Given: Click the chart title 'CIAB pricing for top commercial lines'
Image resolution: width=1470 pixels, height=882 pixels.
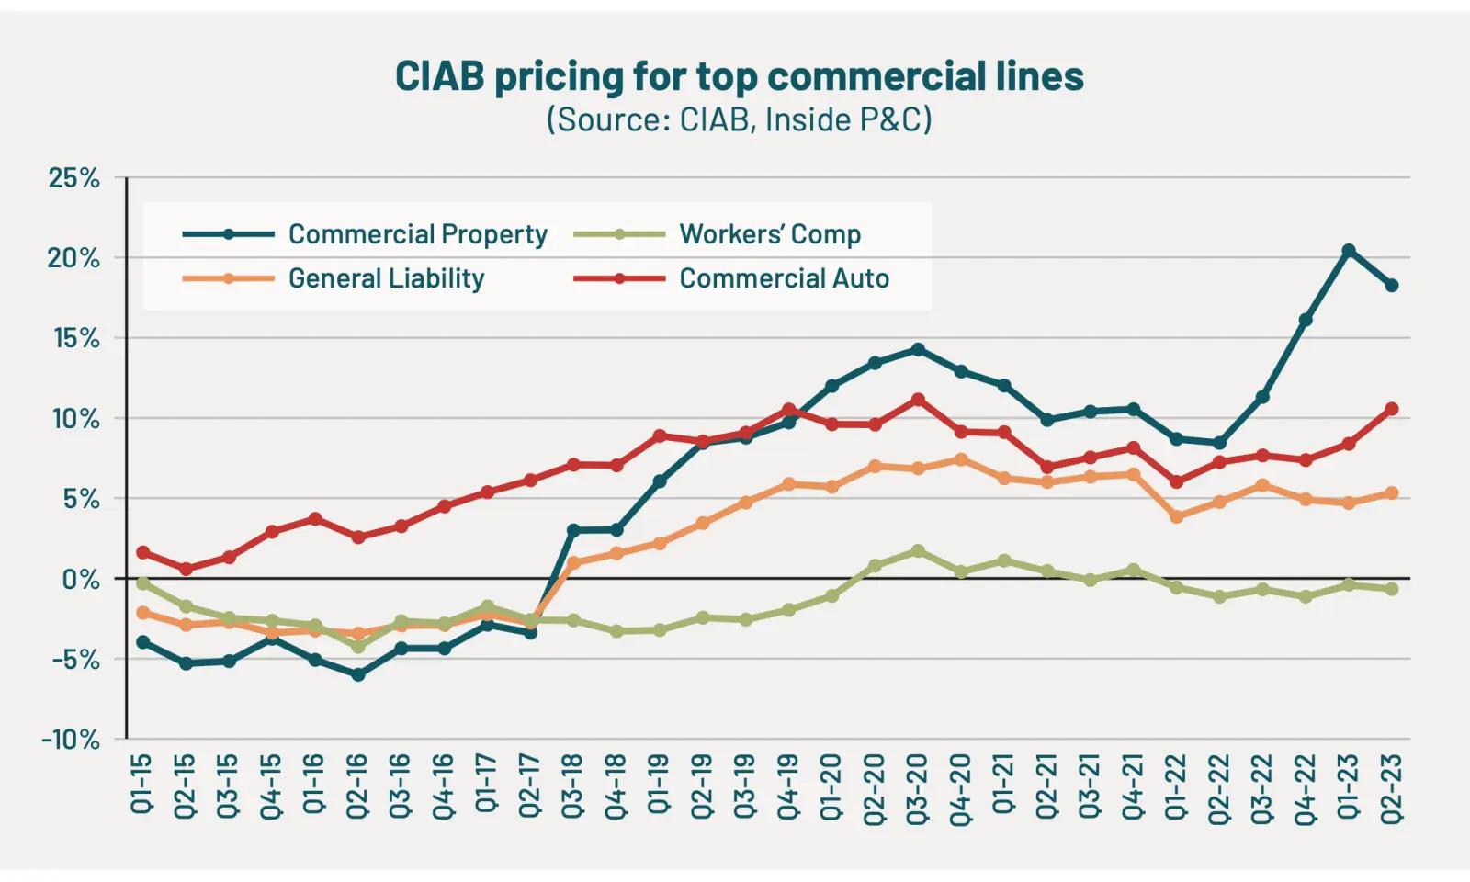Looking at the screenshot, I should (x=739, y=76).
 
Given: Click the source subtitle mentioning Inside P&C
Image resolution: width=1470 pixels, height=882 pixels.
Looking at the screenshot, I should (x=739, y=120).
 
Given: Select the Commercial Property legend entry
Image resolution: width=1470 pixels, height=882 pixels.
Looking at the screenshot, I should (x=417, y=234).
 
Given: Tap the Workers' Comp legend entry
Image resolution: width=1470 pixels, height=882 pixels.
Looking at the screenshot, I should (x=770, y=234).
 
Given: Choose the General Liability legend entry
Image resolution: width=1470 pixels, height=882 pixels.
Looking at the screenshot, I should (x=386, y=278).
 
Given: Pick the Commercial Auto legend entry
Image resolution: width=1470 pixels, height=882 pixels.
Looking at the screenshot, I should (x=784, y=278).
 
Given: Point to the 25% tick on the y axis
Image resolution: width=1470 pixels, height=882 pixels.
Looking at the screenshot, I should (x=73, y=177).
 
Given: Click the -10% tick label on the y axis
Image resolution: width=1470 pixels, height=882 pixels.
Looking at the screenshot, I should (x=70, y=739).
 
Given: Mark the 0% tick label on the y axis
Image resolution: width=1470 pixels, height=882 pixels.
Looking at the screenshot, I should (x=81, y=579).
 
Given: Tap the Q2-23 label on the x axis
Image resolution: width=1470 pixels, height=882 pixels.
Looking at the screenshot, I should (x=1392, y=787).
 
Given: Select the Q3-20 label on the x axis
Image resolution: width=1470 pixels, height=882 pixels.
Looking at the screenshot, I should (x=918, y=787).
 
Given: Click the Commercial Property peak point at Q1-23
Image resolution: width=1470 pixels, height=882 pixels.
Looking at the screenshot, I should (x=1349, y=251).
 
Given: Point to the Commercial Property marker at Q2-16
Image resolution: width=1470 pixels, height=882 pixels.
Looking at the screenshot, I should (x=358, y=674).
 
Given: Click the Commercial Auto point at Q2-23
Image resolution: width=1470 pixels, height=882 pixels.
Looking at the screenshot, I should (x=1392, y=409).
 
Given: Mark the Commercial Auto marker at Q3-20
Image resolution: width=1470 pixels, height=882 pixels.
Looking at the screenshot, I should (x=918, y=400).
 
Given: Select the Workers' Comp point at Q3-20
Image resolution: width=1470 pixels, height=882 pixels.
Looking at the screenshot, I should (x=918, y=551).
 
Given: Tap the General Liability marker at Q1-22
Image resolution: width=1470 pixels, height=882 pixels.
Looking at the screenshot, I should (x=1176, y=517).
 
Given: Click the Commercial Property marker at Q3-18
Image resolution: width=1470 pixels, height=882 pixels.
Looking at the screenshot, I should (x=573, y=530).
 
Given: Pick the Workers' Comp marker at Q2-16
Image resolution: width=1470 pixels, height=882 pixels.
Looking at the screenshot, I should (x=358, y=647).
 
